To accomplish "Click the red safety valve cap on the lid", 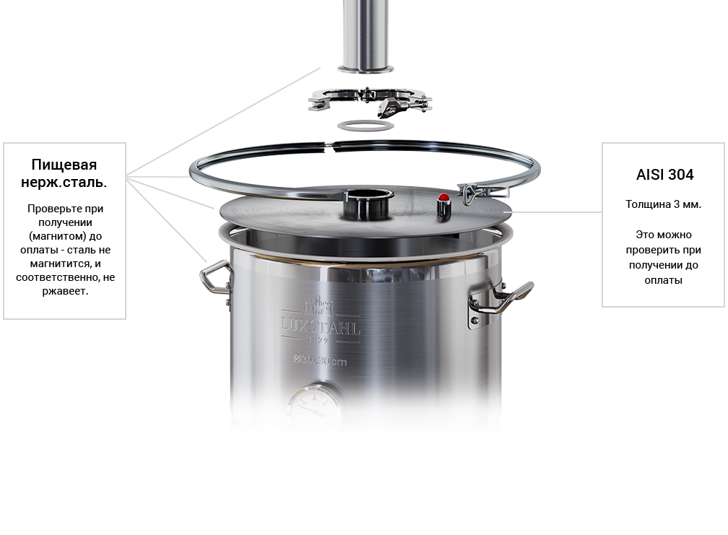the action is coord(444,197).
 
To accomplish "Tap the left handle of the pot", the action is coord(214,277).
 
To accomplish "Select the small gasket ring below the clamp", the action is coord(365,126).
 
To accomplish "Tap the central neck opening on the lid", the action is coord(368,203).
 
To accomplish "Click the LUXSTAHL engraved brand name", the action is coord(321,326).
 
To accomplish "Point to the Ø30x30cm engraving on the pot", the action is coord(320,360).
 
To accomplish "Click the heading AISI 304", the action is coord(664,175).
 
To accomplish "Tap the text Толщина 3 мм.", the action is coord(663,204).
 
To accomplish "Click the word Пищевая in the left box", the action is coord(64,165).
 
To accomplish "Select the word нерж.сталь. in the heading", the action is coord(64,183).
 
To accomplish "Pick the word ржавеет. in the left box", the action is coord(65,292).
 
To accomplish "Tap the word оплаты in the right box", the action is coord(663,280).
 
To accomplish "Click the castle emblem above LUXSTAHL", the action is coord(318,306).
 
